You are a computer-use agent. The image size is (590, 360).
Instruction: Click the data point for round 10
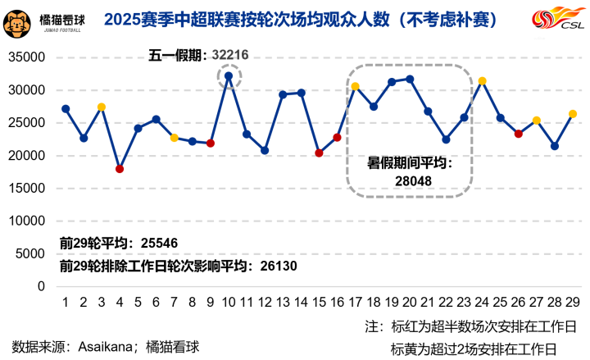pyautogui.click(x=229, y=76)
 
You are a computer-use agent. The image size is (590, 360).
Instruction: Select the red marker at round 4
pyautogui.click(x=120, y=169)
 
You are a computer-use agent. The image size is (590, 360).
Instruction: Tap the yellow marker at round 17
pyautogui.click(x=355, y=86)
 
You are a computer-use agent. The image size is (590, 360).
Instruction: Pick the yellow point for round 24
pyautogui.click(x=482, y=80)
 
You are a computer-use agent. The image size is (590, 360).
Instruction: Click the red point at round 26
pyautogui.click(x=519, y=134)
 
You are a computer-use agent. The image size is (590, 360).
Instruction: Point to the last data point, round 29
pyautogui.click(x=573, y=114)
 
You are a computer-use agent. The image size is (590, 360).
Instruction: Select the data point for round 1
pyautogui.click(x=66, y=109)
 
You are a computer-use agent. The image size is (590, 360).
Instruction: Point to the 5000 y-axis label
pyautogui.click(x=32, y=254)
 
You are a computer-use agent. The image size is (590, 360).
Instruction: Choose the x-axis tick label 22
pyautogui.click(x=446, y=302)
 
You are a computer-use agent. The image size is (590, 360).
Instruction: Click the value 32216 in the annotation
pyautogui.click(x=229, y=56)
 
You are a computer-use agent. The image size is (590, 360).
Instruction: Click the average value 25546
pyautogui.click(x=160, y=244)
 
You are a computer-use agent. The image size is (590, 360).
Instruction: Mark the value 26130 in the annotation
pyautogui.click(x=278, y=267)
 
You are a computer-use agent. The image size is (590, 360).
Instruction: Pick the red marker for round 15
pyautogui.click(x=319, y=153)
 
